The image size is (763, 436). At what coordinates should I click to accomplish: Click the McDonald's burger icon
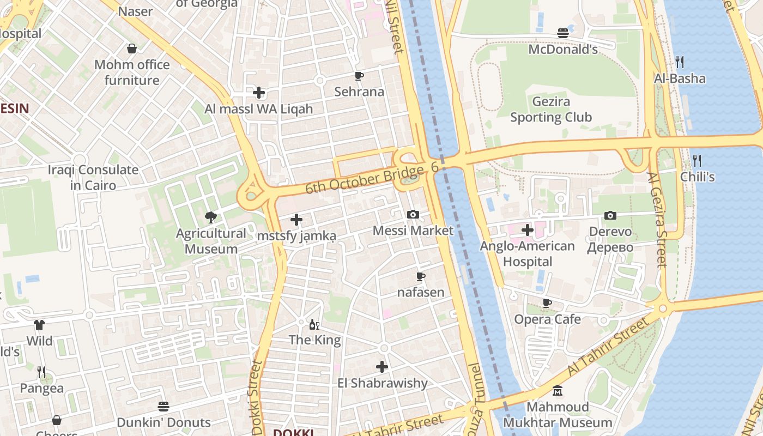coord(563,33)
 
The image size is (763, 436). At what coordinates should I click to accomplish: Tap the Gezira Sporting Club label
coord(550,110)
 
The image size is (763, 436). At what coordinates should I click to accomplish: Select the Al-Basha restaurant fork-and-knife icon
coord(679,62)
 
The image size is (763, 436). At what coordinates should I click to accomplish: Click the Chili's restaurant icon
coord(697,160)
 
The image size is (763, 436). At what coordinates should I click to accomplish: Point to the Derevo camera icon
coord(610,215)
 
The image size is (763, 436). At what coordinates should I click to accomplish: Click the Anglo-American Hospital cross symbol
coord(527,229)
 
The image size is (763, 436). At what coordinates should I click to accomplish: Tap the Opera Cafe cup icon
coord(547,303)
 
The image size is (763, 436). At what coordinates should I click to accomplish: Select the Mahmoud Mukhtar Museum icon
coord(558,391)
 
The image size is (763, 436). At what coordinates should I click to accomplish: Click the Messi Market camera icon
coord(413,214)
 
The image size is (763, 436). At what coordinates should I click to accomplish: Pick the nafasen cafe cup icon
coord(420,276)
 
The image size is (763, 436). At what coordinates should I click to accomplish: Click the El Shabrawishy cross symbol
coord(382,367)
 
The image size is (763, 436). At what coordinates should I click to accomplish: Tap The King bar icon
coord(314,325)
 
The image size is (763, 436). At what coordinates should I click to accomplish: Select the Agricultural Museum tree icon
coord(210,218)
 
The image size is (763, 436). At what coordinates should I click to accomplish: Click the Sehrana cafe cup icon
coord(359,76)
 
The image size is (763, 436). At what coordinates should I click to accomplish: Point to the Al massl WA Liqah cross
coord(259,93)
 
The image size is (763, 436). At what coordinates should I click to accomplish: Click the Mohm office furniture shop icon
coord(132,49)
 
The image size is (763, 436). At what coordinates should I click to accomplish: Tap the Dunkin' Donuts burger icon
coord(163,407)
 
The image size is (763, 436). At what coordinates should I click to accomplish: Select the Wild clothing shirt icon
coord(39,325)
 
